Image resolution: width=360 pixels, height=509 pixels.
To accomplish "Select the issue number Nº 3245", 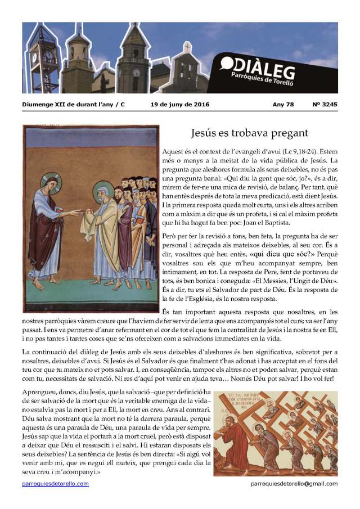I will [x=325, y=105].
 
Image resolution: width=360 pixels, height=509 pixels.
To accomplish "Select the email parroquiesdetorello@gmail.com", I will [x=294, y=484].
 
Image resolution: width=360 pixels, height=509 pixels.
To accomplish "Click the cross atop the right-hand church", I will [x=187, y=47].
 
